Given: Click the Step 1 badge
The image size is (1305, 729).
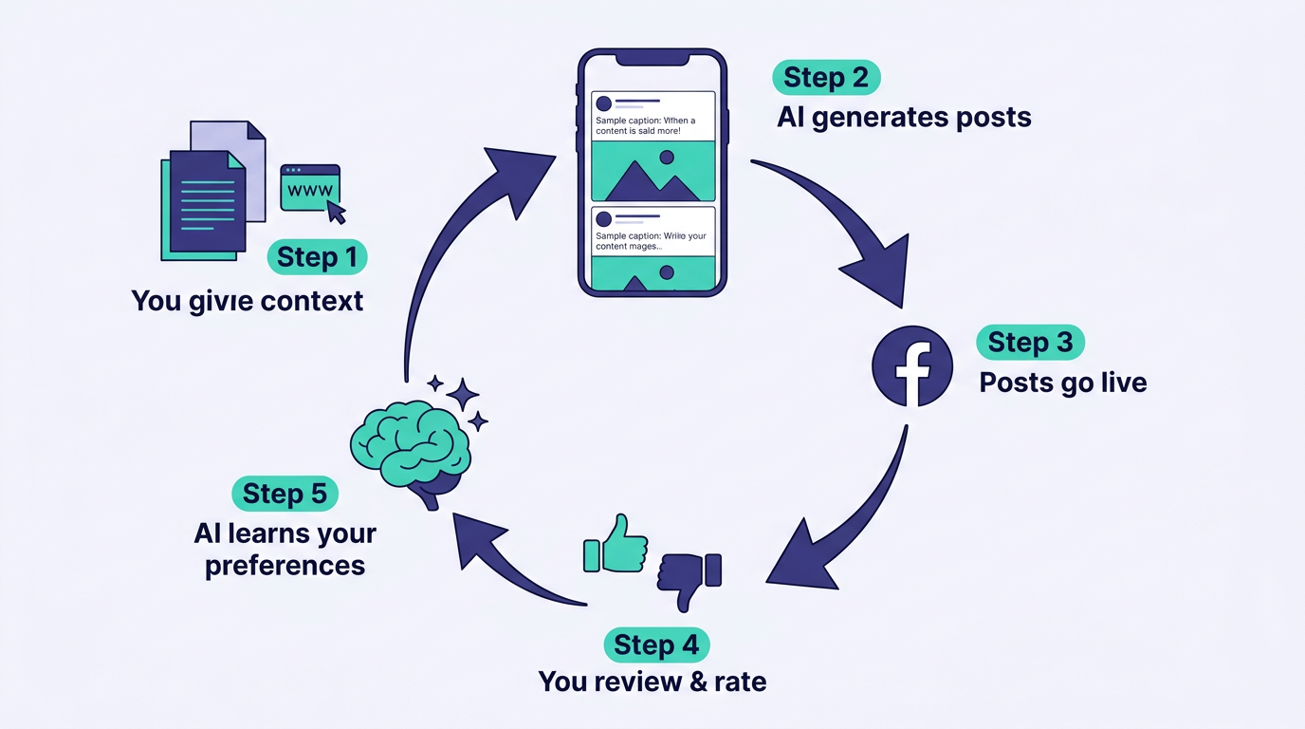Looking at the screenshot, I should [x=317, y=257].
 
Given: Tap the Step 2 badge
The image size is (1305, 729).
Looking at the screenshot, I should [x=826, y=78].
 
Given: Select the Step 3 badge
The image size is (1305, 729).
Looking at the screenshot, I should [x=1030, y=342].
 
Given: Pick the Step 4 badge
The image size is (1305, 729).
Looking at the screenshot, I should [x=656, y=645].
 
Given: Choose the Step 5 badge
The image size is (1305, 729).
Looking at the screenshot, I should [x=285, y=494].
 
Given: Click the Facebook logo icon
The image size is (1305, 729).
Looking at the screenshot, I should [x=912, y=366].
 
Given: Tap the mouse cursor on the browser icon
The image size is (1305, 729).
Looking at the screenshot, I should [x=336, y=212].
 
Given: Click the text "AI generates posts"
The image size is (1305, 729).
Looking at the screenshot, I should [x=904, y=118].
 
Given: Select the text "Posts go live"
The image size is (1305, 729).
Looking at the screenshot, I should [x=1062, y=383].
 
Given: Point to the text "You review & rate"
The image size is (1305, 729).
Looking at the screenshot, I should [x=652, y=681].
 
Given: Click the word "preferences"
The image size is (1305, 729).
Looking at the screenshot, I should [x=285, y=566].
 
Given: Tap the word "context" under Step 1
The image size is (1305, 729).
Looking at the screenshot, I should [x=311, y=301].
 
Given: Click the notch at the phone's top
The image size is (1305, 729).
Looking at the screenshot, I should [x=652, y=59].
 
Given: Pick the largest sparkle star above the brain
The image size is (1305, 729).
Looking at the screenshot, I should [x=463, y=394].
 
